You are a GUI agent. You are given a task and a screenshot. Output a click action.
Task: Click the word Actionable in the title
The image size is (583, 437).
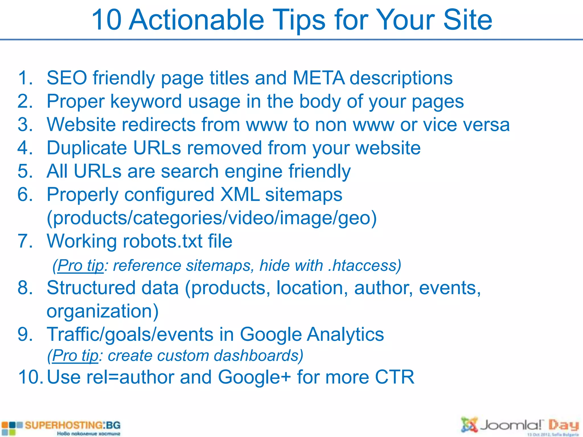(196, 20)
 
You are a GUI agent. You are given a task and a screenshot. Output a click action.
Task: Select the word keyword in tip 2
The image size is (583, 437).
(146, 102)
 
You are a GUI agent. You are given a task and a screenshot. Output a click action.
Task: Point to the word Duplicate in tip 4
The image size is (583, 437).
(87, 148)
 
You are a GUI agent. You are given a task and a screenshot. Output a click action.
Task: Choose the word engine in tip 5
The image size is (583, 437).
(253, 172)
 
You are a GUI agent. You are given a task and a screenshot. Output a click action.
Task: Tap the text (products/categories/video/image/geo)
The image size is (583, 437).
(212, 218)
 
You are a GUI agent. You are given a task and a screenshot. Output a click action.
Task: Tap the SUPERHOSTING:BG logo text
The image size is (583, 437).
(72, 426)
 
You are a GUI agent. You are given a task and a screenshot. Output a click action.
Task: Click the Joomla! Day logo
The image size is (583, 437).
(520, 426)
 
